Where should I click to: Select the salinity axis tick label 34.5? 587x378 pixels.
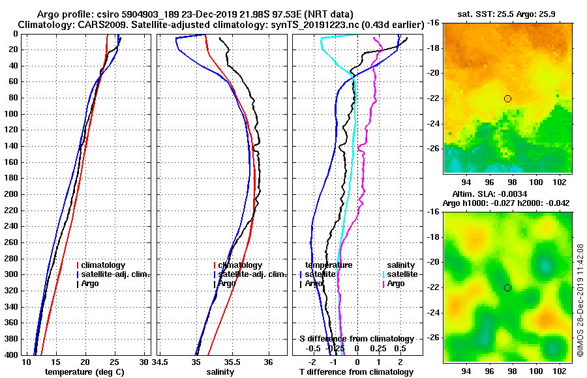pos(160,362)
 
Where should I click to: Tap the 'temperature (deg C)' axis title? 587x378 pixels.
pos(84,371)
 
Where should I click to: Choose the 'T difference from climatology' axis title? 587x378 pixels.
pos(356,371)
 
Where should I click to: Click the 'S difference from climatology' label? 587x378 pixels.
pos(356,339)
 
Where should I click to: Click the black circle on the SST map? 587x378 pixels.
pos(507,98)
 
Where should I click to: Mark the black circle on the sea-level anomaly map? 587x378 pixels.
pos(507,287)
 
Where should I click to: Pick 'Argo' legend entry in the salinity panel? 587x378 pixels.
pos(226,283)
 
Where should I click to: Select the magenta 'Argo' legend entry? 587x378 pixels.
pos(396,283)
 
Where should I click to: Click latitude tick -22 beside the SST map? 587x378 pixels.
pos(432,98)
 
